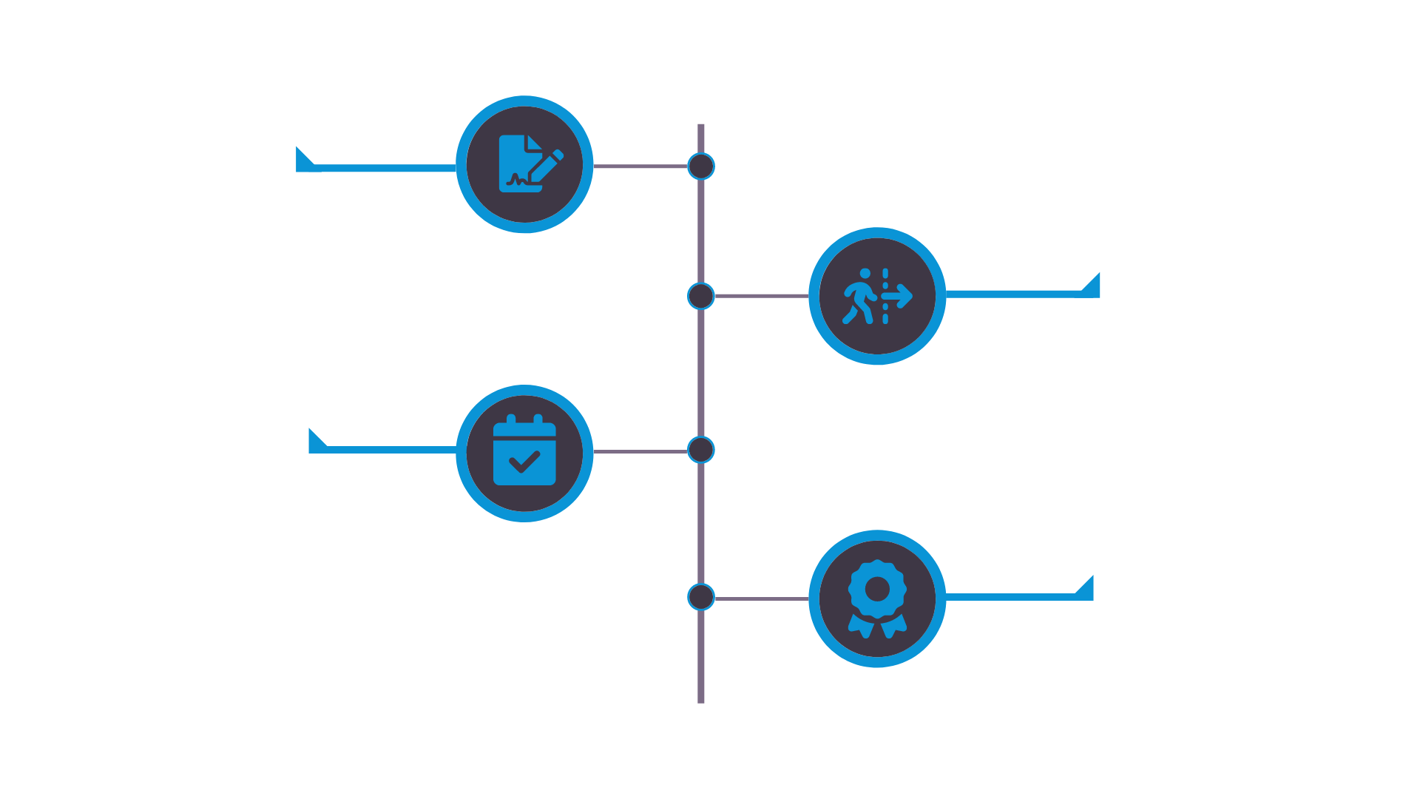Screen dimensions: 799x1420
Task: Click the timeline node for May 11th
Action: [701, 166]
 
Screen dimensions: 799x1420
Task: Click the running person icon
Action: [877, 296]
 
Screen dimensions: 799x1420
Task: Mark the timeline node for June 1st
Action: [701, 296]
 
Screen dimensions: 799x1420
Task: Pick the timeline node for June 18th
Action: [701, 450]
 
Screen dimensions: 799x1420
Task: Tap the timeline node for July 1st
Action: [701, 597]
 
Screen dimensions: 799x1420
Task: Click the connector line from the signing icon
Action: [640, 166]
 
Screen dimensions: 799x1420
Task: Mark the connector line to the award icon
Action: [762, 598]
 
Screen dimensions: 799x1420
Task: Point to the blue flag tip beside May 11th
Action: [302, 158]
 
